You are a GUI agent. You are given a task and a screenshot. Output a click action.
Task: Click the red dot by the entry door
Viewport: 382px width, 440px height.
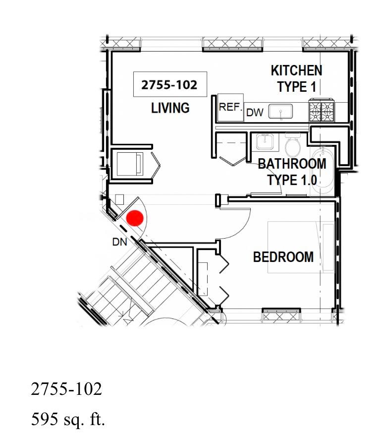(x=135, y=218)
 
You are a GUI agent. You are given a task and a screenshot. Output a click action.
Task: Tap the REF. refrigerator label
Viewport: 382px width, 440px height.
(x=230, y=107)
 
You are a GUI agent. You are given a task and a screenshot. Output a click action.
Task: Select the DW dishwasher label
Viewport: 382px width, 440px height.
(x=255, y=113)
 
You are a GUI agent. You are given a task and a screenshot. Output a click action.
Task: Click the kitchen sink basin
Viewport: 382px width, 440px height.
(x=280, y=112)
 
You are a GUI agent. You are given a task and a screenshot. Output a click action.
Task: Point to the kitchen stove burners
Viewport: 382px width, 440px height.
(x=322, y=110)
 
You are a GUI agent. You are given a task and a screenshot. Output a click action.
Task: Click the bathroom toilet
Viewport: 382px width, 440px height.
(x=293, y=145)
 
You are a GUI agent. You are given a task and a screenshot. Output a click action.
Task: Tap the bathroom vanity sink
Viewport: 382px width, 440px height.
(x=264, y=142)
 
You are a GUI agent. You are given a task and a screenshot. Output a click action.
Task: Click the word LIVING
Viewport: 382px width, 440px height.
(x=170, y=108)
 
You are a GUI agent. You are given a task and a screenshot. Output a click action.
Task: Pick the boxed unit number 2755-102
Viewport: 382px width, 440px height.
(x=170, y=84)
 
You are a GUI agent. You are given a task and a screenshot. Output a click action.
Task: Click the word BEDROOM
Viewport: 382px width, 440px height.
(x=283, y=257)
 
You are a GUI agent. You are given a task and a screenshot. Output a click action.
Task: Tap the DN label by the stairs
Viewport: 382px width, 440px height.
(x=120, y=242)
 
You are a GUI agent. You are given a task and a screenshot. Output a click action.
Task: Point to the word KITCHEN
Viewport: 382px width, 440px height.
(x=296, y=70)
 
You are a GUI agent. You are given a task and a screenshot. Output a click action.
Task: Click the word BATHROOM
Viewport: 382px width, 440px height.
(x=292, y=164)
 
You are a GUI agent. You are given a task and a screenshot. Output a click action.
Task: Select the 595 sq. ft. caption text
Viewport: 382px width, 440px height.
(x=68, y=420)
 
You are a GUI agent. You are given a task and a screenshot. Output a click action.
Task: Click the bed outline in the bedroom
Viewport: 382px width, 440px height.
(x=301, y=247)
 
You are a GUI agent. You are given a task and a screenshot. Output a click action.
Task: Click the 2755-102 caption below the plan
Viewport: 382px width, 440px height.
(x=66, y=389)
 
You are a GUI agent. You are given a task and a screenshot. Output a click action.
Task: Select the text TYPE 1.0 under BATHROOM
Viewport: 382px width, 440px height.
(x=292, y=180)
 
